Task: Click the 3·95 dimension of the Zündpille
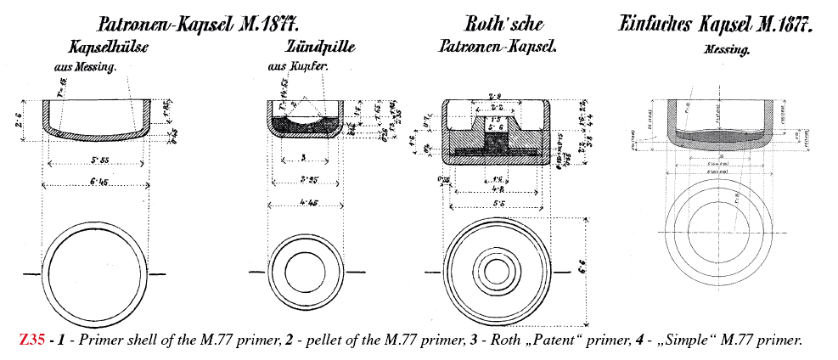pyautogui.click(x=307, y=180)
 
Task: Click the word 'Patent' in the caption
pyautogui.click(x=573, y=340)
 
